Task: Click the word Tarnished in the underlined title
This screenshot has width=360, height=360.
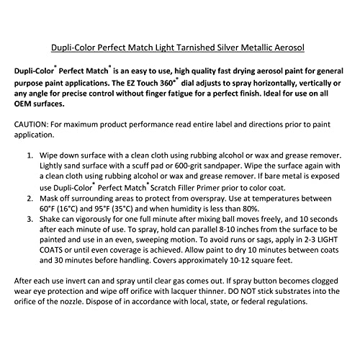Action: point(192,49)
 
